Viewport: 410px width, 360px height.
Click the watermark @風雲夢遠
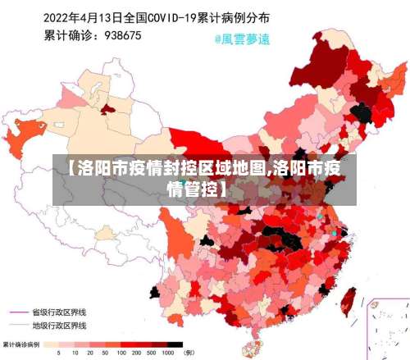[x=242, y=38]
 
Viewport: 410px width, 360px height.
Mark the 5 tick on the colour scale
[x=57, y=353]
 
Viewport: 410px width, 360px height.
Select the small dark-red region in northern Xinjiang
[x=103, y=109]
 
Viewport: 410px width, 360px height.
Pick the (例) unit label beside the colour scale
[x=189, y=353]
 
